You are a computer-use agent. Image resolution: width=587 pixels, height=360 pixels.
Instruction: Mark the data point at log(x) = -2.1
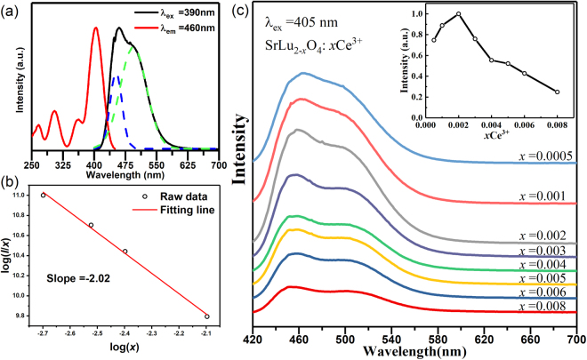click(207, 316)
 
